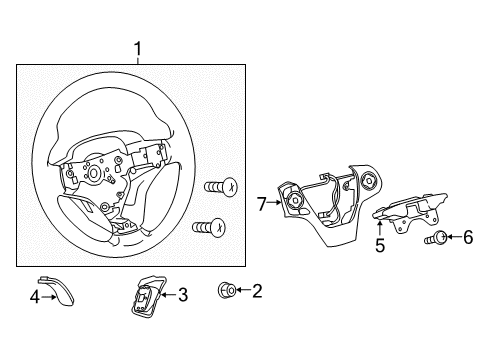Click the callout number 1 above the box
point(138,49)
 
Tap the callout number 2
point(257,291)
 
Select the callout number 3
point(183,295)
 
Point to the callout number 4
point(35,297)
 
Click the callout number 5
point(380,245)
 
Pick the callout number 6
point(468,237)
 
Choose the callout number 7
point(262,204)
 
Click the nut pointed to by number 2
point(227,290)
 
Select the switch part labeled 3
point(148,295)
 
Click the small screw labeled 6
point(436,238)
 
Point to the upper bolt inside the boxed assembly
point(221,187)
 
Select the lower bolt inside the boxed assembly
point(209,227)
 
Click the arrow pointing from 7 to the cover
point(274,202)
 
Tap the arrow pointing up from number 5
point(380,230)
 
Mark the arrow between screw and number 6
point(454,237)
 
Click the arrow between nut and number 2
point(244,290)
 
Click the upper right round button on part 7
point(370,180)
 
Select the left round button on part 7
point(296,200)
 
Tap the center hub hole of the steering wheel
point(94,173)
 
